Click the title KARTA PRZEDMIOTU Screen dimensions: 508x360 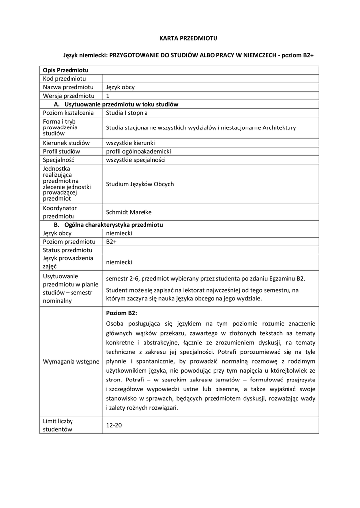188,38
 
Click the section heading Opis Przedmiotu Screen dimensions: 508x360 66,70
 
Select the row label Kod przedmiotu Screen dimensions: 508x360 65,79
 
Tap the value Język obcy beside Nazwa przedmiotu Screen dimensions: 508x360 120,87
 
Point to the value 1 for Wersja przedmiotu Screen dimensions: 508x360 108,96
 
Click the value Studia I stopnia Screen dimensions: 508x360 127,113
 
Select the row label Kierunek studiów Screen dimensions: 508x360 66,143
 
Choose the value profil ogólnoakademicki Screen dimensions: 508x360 139,151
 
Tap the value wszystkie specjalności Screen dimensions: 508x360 136,160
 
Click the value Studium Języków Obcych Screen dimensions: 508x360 140,184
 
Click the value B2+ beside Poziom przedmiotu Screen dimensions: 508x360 111,242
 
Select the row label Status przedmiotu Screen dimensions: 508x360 68,250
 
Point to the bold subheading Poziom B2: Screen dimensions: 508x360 121,313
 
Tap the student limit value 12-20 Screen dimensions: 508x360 114,425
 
